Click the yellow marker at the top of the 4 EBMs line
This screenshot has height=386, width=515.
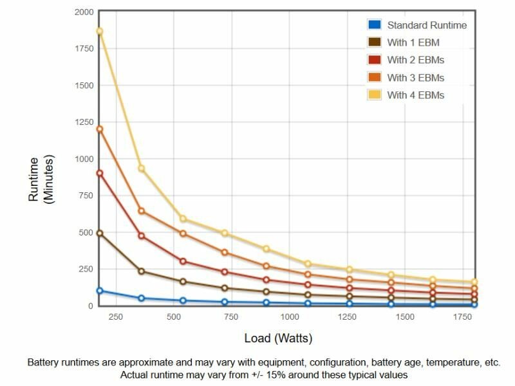100,31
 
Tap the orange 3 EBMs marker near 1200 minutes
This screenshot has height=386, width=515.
100,129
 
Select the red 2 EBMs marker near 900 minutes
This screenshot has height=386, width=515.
100,173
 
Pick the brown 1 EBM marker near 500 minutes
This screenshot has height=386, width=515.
100,233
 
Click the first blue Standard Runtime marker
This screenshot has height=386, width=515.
100,291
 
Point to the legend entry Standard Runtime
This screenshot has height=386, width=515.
427,25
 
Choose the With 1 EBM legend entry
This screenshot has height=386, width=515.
413,42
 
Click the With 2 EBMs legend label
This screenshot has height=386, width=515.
415,60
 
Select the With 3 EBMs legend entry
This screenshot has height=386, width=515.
415,77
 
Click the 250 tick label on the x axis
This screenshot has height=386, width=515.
115,317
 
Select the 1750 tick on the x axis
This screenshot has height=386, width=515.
462,317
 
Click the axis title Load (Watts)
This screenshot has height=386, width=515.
278,338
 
